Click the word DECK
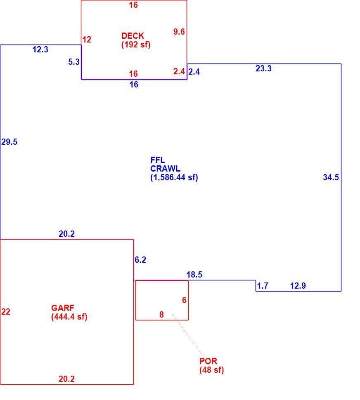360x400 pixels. [133, 36]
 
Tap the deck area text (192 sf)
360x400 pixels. [136, 45]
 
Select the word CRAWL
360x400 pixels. [165, 169]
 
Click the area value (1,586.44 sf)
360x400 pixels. [174, 177]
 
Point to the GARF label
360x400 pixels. [63, 308]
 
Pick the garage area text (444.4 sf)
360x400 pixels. [69, 317]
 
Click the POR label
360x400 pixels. [208, 361]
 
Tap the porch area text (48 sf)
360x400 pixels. [212, 370]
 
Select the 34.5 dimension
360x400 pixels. [331, 177]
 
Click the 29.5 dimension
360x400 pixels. [9, 142]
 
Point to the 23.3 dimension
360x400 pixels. [263, 68]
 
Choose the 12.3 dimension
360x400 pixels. [40, 49]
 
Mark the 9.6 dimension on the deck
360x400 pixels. [179, 32]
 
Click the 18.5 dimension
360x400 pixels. [194, 275]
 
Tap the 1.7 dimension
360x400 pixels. [263, 286]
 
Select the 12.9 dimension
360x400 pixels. [298, 286]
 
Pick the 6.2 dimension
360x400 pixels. [140, 260]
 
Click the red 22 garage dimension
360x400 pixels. [6, 311]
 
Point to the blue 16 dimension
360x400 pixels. [134, 85]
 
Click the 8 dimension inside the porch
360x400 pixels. [161, 315]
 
